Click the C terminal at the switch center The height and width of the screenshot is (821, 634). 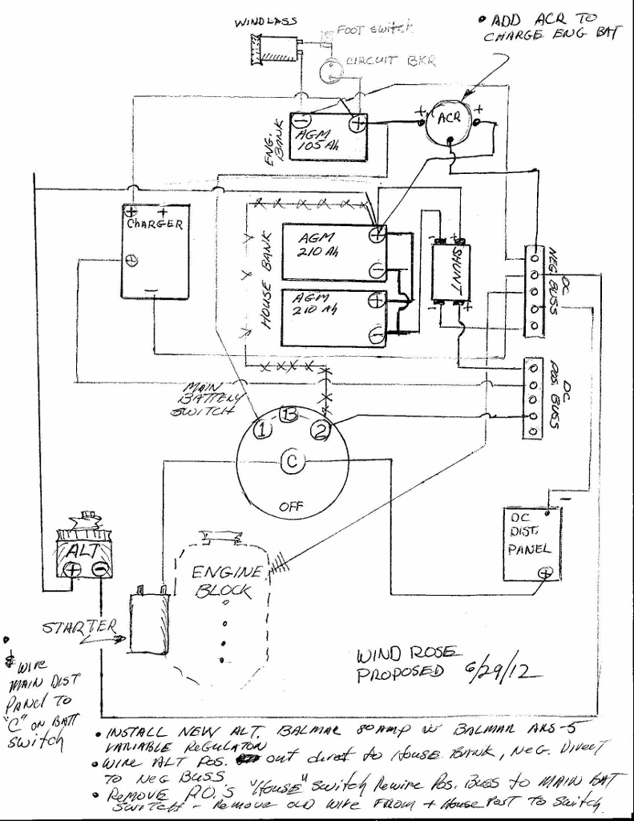pos(291,460)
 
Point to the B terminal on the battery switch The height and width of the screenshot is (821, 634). pos(287,414)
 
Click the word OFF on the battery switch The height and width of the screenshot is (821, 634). pos(290,507)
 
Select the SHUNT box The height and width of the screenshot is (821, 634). pos(450,273)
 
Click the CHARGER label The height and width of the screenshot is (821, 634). pos(155,224)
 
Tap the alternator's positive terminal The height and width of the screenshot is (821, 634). pos(72,569)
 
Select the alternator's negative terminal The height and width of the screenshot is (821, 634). pos(100,569)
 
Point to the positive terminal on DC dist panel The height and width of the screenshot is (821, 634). pos(546,572)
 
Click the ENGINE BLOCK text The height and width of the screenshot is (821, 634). pos(226,582)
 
